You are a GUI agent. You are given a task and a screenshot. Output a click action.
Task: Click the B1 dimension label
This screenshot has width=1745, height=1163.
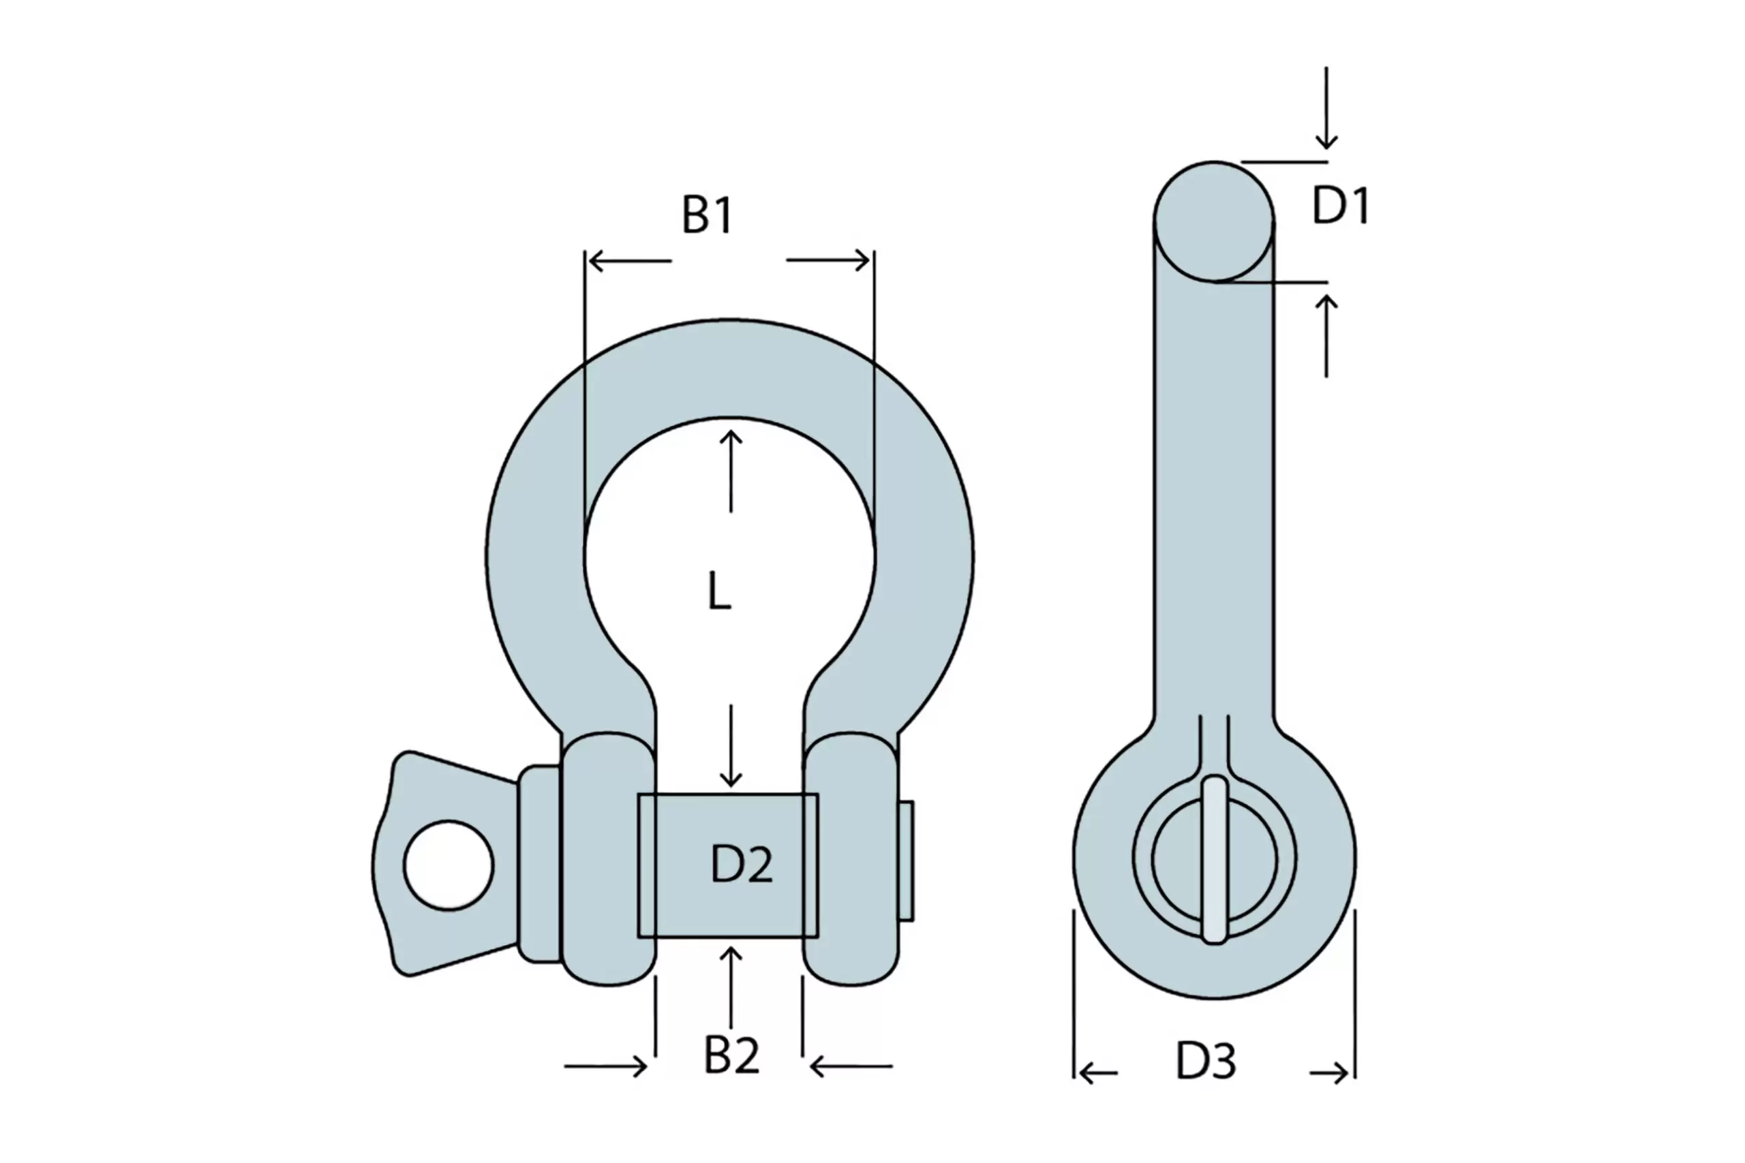pyautogui.click(x=707, y=215)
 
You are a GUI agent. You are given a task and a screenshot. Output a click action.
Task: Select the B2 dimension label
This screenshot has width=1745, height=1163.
pyautogui.click(x=731, y=1055)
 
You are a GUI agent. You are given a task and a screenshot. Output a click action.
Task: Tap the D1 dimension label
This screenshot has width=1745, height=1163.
pyautogui.click(x=1341, y=206)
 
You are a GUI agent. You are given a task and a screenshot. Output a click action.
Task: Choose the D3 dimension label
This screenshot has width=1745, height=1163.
pyautogui.click(x=1206, y=1061)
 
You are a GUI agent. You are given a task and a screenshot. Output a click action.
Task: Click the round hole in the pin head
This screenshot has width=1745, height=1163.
pyautogui.click(x=449, y=865)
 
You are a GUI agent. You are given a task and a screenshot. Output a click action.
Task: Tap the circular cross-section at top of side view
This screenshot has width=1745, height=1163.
pyautogui.click(x=1214, y=221)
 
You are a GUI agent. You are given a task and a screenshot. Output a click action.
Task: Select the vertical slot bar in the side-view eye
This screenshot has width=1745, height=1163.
pyautogui.click(x=1214, y=860)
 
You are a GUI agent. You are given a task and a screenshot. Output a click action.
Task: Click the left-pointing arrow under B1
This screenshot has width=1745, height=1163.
pyautogui.click(x=629, y=261)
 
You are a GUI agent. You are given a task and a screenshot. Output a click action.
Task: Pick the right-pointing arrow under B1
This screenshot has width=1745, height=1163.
pyautogui.click(x=828, y=260)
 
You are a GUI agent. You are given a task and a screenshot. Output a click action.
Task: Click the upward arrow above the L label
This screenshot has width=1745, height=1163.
pyautogui.click(x=731, y=470)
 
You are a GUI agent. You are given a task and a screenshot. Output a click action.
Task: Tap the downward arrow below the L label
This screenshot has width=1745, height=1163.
pyautogui.click(x=731, y=745)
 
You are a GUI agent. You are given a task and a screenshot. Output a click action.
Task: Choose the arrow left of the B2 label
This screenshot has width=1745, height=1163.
pyautogui.click(x=605, y=1066)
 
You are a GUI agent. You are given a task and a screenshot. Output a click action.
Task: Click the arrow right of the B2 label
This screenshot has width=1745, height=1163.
pyautogui.click(x=852, y=1066)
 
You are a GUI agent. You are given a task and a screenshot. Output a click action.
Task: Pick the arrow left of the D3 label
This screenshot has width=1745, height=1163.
pyautogui.click(x=1097, y=1073)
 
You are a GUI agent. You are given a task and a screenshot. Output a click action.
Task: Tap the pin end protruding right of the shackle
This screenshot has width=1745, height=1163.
pyautogui.click(x=906, y=861)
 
